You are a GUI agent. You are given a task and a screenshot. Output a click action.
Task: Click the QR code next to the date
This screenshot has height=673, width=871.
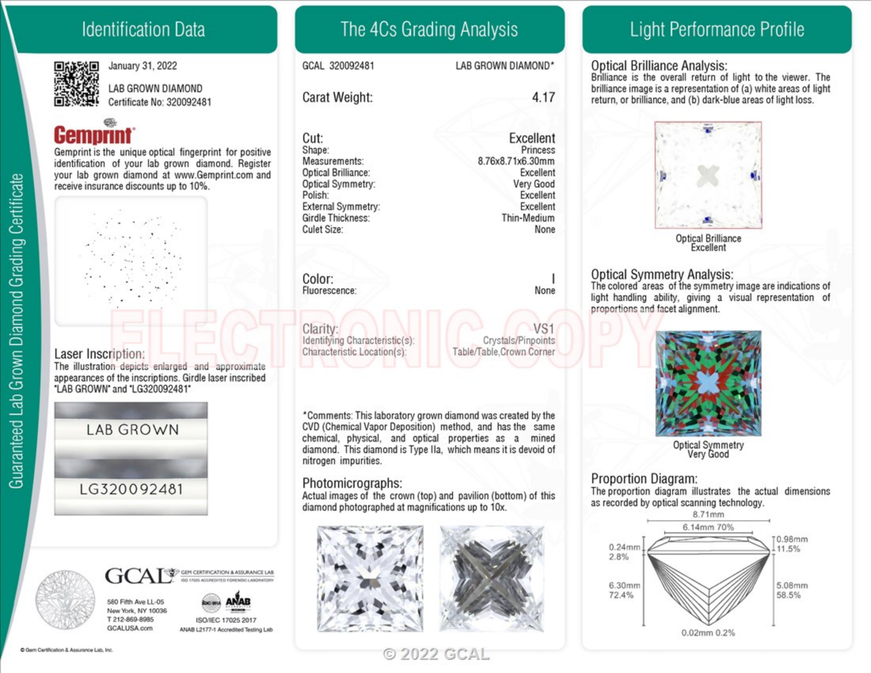76,84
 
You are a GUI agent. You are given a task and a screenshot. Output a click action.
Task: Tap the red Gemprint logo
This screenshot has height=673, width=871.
93,135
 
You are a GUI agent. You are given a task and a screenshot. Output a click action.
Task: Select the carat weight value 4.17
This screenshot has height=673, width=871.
543,97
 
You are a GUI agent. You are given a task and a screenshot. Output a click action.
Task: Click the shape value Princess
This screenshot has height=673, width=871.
538,150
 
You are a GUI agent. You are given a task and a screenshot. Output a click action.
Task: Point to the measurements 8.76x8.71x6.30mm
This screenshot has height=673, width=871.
516,162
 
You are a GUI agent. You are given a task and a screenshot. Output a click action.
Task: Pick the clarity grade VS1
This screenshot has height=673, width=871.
544,329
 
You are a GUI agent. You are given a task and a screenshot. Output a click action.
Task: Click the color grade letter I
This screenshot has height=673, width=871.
553,279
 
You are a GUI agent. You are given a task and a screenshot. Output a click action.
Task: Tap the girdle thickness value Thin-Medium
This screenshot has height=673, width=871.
528,218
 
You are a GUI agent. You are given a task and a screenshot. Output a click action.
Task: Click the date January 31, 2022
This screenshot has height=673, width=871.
142,66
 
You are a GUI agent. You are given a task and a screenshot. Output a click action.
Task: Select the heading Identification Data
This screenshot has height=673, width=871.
143,30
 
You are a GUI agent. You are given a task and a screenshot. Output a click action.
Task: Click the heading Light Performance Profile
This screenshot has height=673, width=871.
716,30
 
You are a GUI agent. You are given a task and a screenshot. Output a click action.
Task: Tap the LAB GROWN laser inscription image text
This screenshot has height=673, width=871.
132,430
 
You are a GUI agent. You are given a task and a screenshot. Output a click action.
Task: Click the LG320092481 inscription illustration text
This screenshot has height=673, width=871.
131,489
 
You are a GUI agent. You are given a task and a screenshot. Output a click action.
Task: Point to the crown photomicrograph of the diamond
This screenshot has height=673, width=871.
370,579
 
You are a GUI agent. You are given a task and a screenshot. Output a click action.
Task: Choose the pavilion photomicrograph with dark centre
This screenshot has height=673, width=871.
492,579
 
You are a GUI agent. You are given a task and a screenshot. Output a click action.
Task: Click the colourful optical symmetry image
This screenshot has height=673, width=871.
708,383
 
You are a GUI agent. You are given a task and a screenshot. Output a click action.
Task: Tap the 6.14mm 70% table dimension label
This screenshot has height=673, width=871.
708,528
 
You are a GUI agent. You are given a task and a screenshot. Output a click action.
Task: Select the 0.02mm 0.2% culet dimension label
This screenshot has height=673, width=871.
708,633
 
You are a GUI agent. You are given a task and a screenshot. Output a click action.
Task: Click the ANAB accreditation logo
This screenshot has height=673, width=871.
238,602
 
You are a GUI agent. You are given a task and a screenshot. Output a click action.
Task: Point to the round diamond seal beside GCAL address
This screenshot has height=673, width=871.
65,600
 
